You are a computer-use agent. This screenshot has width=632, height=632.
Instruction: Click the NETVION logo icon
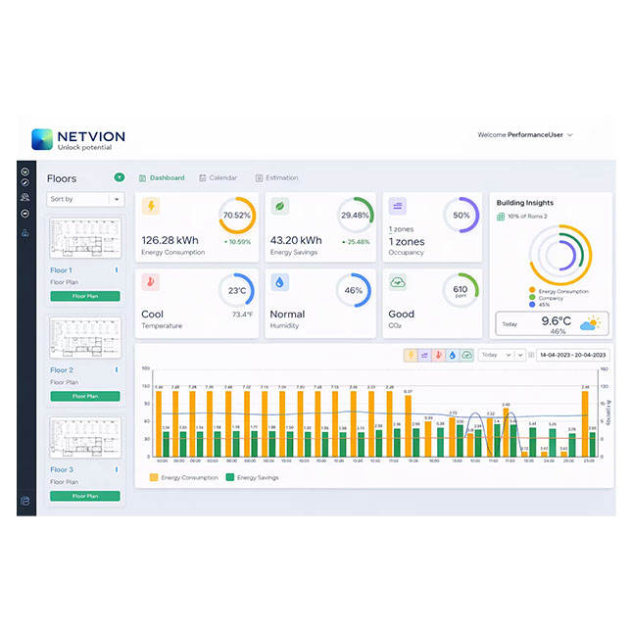42,139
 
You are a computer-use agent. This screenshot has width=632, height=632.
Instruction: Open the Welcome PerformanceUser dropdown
525,134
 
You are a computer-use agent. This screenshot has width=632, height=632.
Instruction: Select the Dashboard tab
163,177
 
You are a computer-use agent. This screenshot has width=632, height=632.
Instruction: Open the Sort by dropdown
85,199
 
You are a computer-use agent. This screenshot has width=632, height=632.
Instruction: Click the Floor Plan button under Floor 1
85,295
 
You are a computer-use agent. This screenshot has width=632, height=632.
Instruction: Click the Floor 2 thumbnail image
85,337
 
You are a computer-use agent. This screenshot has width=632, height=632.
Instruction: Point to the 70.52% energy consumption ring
236,216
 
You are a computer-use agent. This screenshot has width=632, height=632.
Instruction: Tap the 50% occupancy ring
461,216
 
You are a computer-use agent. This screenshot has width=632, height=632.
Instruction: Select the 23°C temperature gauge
236,291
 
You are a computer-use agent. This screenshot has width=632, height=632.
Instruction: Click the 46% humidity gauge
354,291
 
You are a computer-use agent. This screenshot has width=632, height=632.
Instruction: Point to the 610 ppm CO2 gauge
460,291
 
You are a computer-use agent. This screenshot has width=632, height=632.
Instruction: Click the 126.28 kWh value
170,240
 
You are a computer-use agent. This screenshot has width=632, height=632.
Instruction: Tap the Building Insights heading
525,203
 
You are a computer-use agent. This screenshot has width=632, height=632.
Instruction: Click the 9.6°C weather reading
556,320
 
